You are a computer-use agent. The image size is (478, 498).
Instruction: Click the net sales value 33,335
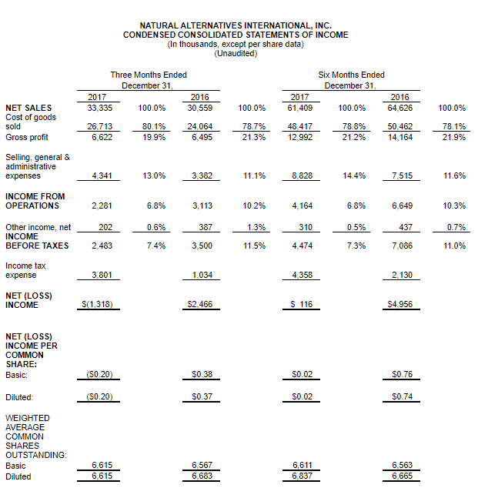(x=100, y=108)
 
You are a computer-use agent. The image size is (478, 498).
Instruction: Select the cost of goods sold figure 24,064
(x=199, y=126)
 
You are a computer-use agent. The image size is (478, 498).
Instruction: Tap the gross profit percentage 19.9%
(x=154, y=137)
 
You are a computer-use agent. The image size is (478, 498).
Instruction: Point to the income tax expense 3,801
(x=102, y=275)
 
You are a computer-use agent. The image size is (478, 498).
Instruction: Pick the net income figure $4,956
(x=399, y=304)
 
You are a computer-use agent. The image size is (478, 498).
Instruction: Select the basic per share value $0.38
(x=202, y=374)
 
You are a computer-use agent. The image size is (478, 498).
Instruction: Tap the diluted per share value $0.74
(x=402, y=396)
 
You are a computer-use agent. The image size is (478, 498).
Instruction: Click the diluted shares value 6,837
(x=302, y=476)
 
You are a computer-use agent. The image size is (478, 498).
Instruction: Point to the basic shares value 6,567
(x=202, y=465)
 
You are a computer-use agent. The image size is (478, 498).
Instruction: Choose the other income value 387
(x=206, y=227)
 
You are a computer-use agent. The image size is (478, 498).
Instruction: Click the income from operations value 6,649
(x=402, y=206)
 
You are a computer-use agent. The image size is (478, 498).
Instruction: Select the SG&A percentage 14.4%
(x=354, y=175)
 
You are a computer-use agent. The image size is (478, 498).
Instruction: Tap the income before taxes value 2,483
(x=102, y=246)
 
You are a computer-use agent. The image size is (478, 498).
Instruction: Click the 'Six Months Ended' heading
(x=351, y=75)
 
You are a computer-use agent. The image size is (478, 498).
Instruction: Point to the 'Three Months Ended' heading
(x=149, y=75)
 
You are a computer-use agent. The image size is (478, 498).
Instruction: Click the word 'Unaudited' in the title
(x=236, y=53)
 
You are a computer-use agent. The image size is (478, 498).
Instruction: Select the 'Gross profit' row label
(x=27, y=137)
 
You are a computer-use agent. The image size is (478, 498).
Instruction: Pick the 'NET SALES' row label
(x=28, y=108)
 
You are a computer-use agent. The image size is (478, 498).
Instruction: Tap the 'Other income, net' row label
(x=38, y=227)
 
